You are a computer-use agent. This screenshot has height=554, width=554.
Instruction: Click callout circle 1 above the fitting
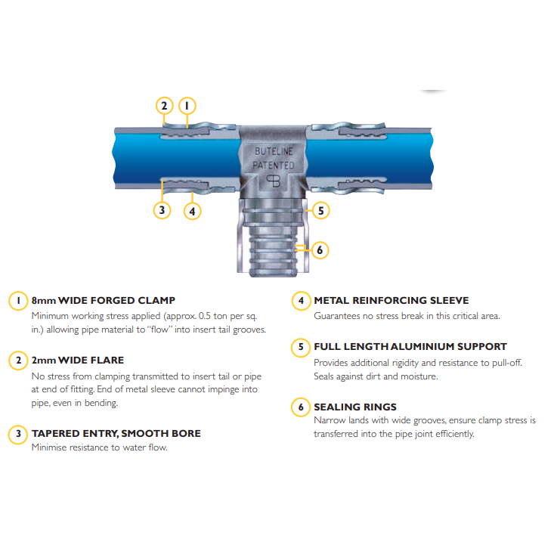[187, 106]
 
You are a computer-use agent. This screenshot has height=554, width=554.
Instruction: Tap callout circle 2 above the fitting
[164, 106]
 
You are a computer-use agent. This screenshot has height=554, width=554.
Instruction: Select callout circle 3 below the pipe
[162, 210]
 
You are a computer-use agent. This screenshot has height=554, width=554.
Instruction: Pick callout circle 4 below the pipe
[192, 212]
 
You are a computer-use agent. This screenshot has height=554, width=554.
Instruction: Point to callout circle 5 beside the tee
[320, 211]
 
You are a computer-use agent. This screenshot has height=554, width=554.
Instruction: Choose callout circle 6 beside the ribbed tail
[320, 250]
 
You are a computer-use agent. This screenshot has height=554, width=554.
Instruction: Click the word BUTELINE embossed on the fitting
[274, 151]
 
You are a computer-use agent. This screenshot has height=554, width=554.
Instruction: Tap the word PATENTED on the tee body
[274, 165]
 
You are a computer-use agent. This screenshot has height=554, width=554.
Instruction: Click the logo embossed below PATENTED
[273, 181]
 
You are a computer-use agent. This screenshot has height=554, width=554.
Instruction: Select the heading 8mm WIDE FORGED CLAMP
[104, 300]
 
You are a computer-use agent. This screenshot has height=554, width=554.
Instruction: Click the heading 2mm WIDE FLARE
[78, 360]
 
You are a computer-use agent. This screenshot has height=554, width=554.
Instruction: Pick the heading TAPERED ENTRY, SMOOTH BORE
[116, 433]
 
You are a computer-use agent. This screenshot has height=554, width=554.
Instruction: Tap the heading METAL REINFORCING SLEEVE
[392, 300]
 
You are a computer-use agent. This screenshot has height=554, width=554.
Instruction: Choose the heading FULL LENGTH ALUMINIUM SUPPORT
[410, 347]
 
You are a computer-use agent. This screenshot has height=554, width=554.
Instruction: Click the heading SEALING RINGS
[355, 407]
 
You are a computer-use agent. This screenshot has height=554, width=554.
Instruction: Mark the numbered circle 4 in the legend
[301, 301]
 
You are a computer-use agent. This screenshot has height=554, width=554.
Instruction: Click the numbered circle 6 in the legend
[301, 407]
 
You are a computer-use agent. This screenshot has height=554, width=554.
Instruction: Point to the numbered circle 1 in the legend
[18, 301]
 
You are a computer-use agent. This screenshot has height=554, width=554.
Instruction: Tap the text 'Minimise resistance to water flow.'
[99, 447]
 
